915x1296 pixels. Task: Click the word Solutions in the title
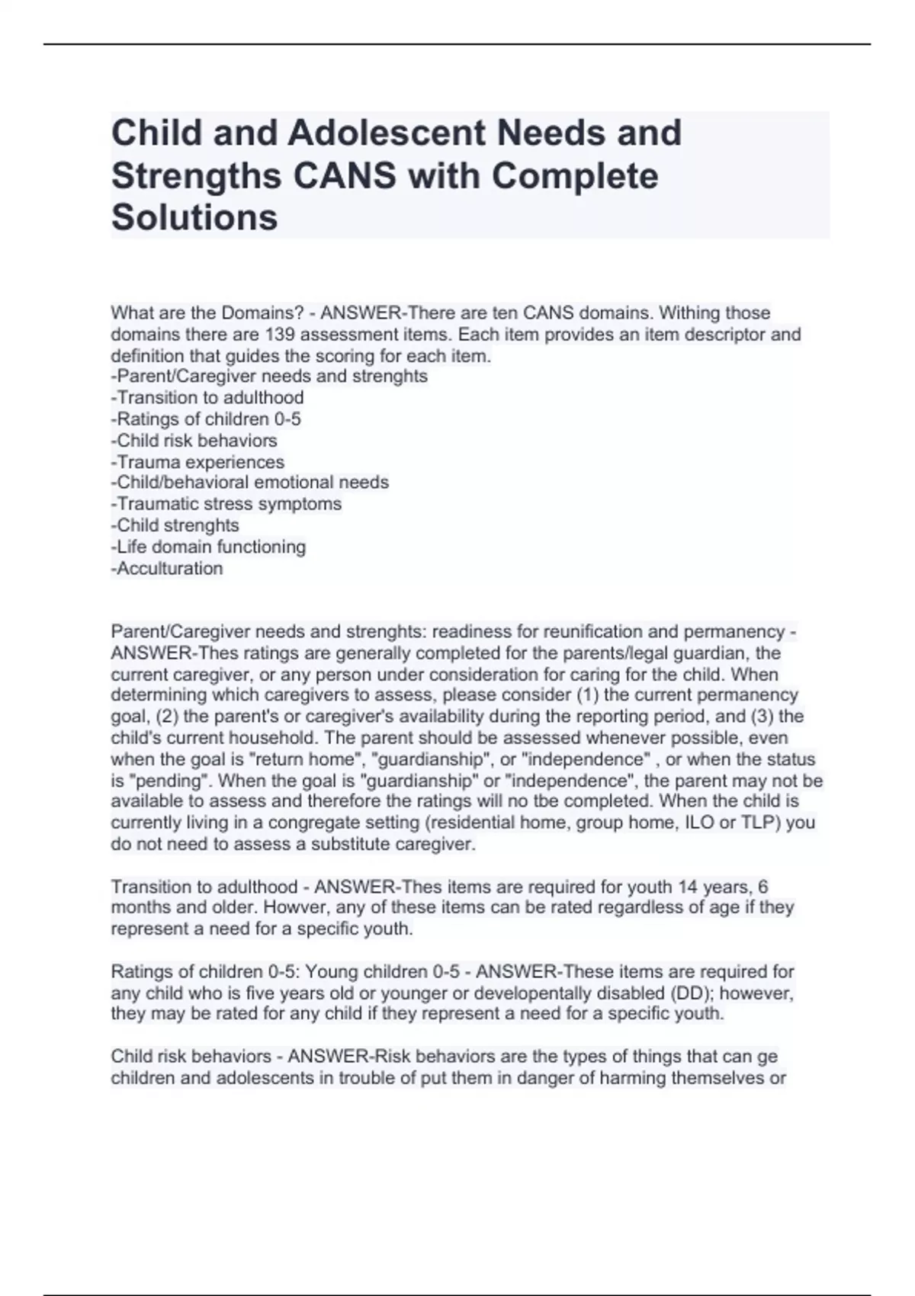[194, 217]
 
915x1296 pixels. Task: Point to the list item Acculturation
[167, 568]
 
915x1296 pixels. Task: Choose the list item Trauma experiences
[197, 462]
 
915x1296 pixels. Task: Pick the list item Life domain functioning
[208, 547]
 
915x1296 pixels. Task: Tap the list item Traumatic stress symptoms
[226, 504]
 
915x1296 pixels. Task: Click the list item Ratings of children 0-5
[206, 419]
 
